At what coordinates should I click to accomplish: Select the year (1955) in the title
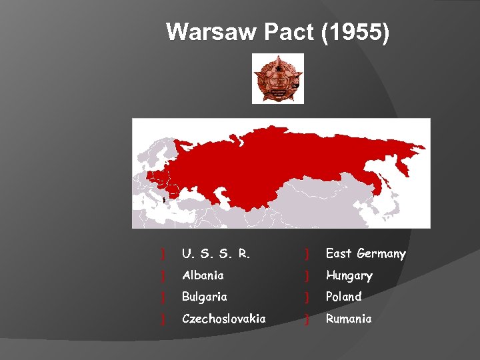coord(355,31)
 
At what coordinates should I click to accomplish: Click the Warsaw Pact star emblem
coord(277,79)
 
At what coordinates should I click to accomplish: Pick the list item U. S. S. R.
coord(216,254)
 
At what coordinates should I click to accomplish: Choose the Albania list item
coord(203,275)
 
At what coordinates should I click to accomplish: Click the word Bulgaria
coord(205,297)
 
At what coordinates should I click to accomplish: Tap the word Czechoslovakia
coord(224,319)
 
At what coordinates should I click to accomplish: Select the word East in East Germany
coord(339,254)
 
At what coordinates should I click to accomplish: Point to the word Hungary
coord(349,275)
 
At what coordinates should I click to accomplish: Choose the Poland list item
coord(343,297)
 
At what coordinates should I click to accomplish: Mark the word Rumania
coord(349,319)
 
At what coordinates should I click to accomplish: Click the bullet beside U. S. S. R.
coord(163,254)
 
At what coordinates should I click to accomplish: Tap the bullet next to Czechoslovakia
coord(163,319)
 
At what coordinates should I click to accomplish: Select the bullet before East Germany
coord(307,254)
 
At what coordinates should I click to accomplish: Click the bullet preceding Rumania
coord(307,319)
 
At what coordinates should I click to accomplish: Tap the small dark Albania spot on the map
coord(165,198)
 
